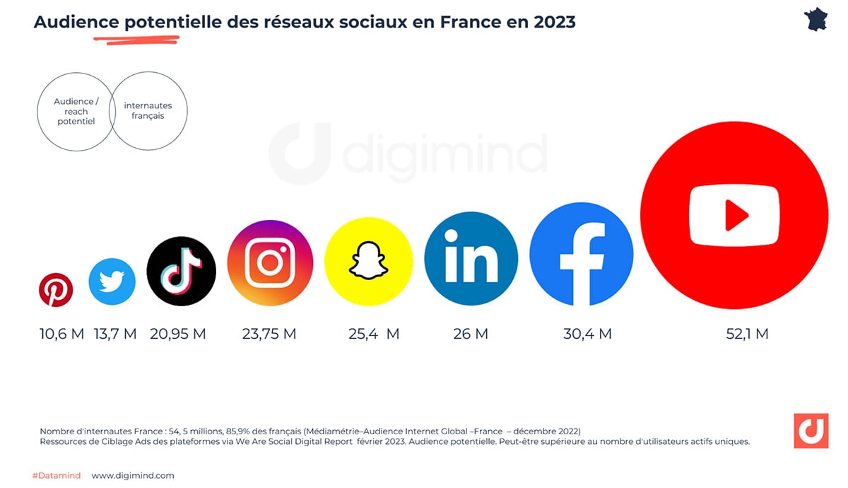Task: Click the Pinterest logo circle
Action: (55, 291)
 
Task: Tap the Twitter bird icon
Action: (112, 281)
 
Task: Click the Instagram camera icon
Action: (270, 263)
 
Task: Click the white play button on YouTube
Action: (734, 215)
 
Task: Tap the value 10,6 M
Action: (62, 334)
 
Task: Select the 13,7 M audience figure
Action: (115, 334)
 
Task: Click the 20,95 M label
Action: (178, 334)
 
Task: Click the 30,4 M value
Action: (587, 334)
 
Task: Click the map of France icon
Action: (820, 19)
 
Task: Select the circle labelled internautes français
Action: (148, 111)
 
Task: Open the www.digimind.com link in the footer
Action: (133, 475)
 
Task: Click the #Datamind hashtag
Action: (57, 475)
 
